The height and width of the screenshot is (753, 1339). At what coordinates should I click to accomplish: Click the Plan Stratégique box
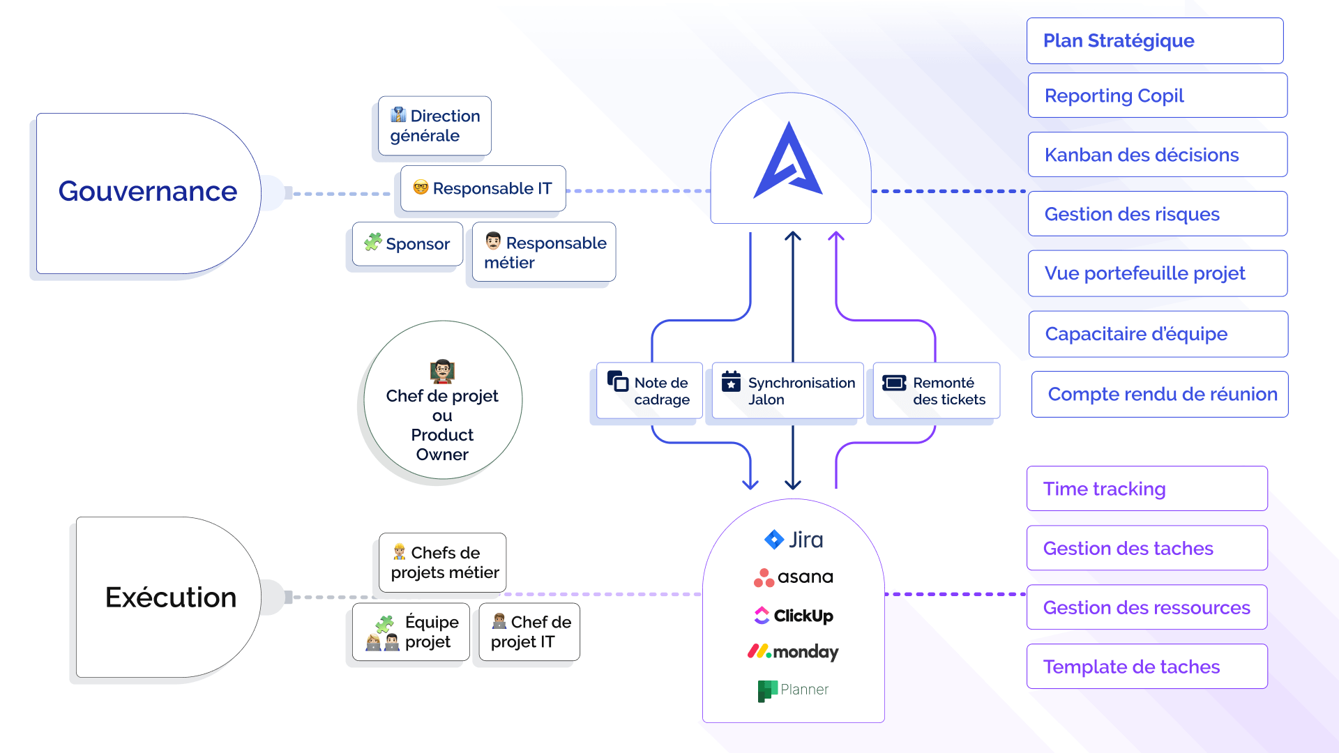1155,40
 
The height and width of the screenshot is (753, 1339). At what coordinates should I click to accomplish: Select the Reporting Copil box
1158,96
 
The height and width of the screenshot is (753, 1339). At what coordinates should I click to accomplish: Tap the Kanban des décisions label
1142,155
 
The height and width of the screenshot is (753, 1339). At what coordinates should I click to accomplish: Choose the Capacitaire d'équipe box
1158,334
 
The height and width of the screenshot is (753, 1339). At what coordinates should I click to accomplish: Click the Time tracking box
1147,489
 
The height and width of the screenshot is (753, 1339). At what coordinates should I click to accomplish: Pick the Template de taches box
1147,667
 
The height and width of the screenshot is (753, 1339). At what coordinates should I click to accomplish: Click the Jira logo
794,540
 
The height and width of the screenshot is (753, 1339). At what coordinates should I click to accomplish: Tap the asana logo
794,577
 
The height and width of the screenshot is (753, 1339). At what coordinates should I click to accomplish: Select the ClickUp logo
794,616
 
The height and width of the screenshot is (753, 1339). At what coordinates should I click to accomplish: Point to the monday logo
793,652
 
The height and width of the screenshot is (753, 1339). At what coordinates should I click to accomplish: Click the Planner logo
793,690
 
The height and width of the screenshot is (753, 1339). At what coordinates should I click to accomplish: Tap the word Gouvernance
148,191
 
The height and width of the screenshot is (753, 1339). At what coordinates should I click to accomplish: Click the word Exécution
171,598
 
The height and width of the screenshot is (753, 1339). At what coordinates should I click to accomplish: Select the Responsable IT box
483,188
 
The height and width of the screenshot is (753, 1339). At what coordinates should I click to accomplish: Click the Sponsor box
408,244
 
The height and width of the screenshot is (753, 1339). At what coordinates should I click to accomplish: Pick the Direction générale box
435,125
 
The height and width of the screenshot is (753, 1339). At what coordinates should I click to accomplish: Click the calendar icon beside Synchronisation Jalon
731,381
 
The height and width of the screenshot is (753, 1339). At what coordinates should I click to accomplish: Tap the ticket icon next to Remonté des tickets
894,383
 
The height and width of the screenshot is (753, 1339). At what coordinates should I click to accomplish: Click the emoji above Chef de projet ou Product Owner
442,372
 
